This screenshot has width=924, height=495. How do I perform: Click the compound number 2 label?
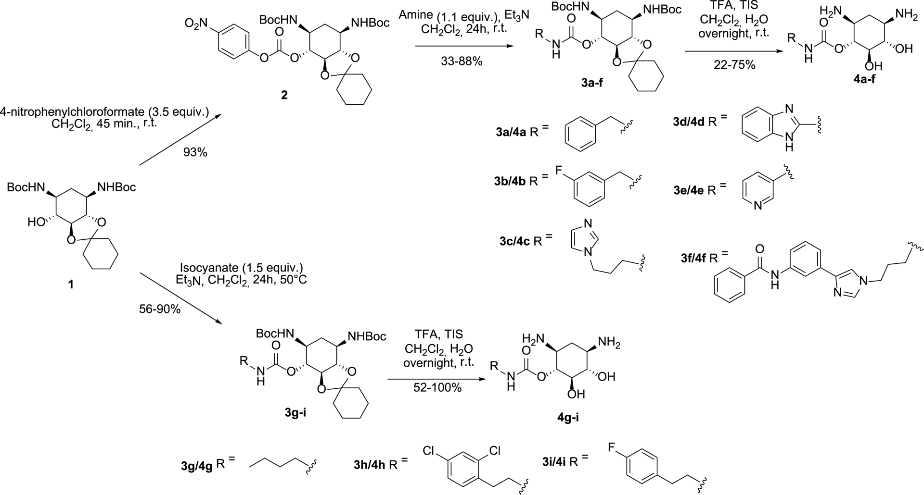[x=284, y=95]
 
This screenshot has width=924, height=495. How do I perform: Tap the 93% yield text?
[x=195, y=152]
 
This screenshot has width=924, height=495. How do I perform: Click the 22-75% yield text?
[x=736, y=64]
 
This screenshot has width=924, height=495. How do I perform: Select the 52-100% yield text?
[x=437, y=387]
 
